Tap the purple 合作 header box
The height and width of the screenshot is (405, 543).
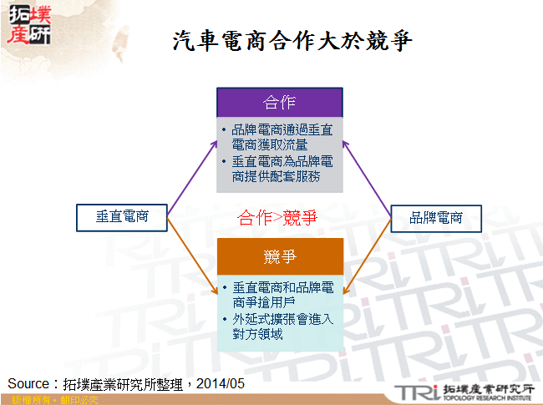tap(279, 102)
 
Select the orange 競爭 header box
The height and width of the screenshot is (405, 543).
tap(280, 256)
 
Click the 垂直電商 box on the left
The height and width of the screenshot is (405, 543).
tap(121, 217)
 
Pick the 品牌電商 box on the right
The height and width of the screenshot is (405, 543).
tap(438, 217)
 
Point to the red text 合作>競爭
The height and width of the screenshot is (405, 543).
tap(278, 218)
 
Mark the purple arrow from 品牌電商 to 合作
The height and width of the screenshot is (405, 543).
tap(368, 171)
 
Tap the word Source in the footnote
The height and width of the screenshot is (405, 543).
tap(30, 383)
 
